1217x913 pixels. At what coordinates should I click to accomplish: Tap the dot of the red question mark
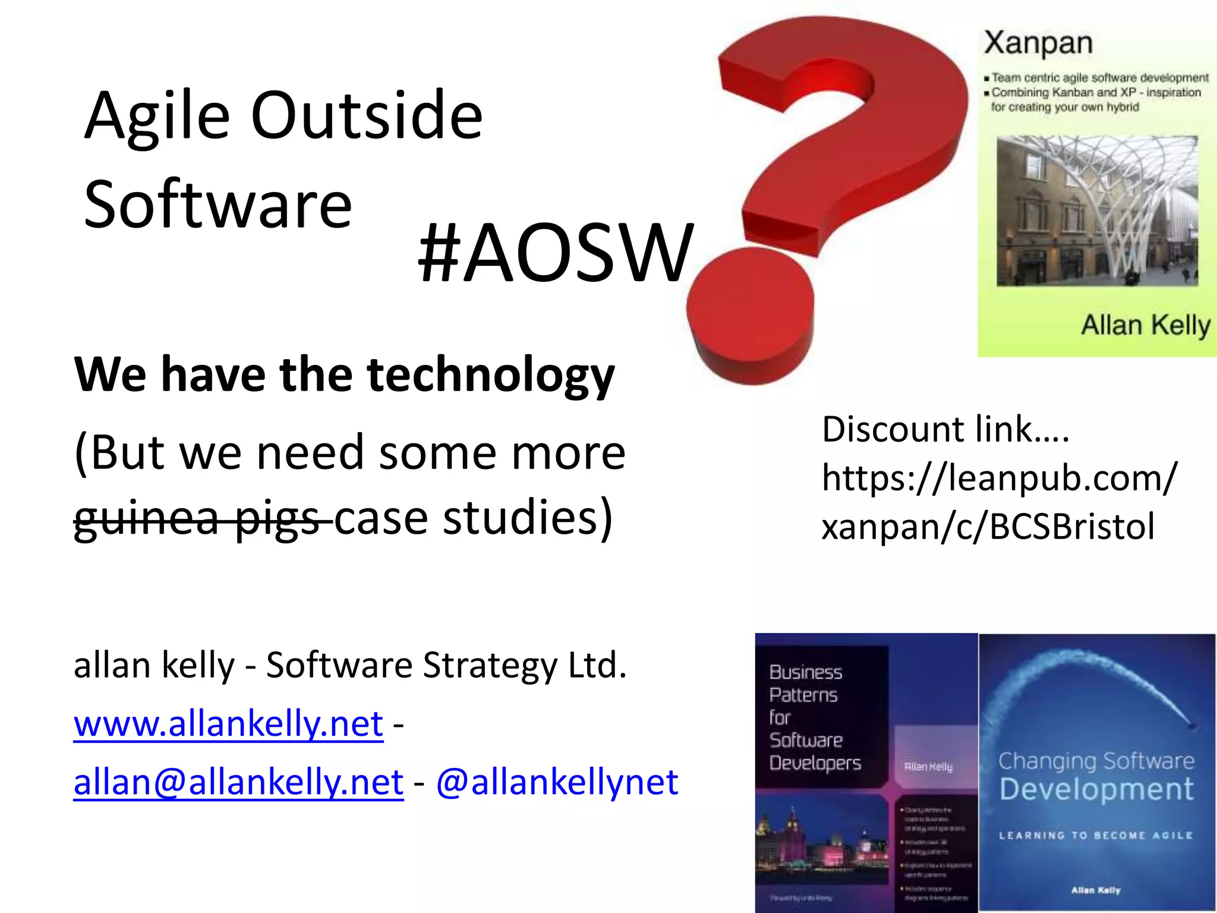750,318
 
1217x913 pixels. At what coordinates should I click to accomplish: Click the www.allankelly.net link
228,723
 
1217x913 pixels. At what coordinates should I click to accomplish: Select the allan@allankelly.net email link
238,782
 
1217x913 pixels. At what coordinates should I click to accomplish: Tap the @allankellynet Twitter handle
557,782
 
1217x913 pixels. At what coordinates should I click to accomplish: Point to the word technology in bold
491,375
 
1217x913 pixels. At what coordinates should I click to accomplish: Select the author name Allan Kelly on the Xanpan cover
1145,326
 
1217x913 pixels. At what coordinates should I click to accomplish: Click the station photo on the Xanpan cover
1097,211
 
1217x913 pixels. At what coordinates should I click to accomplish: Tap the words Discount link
945,429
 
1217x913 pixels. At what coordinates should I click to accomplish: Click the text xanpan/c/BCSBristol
988,527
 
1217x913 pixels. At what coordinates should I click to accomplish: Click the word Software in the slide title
218,204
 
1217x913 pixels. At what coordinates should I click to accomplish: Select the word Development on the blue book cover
1096,789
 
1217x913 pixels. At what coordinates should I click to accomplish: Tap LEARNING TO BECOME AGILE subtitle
1096,835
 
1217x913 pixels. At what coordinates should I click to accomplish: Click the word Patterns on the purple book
803,695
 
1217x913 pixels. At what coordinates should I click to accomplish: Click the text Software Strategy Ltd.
446,665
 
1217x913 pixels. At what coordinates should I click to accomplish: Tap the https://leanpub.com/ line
998,478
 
